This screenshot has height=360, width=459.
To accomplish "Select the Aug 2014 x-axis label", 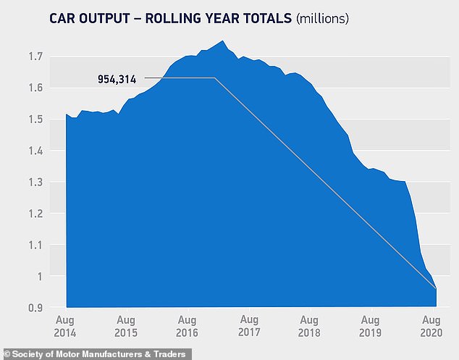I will pos(66,326).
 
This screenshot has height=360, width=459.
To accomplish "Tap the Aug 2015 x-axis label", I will pos(126,326).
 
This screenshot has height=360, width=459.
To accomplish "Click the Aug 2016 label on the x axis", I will pos(188,326).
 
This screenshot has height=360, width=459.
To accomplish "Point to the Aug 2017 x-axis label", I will pos(249,326).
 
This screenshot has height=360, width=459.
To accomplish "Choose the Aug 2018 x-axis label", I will pos(310,326).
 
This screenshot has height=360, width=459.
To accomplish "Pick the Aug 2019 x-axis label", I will pos(371,326).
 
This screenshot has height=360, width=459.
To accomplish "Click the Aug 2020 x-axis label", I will pos(431,326).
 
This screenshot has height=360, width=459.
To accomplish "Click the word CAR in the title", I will pos(64,18).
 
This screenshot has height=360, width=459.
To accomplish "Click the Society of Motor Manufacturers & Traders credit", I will pos(96,353).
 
